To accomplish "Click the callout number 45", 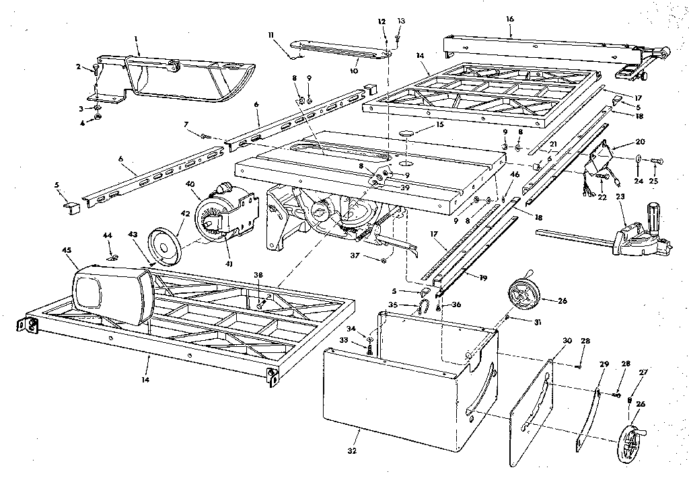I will click(67, 251).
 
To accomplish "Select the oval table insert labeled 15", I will click(406, 134).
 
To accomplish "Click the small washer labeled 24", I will click(637, 160).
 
